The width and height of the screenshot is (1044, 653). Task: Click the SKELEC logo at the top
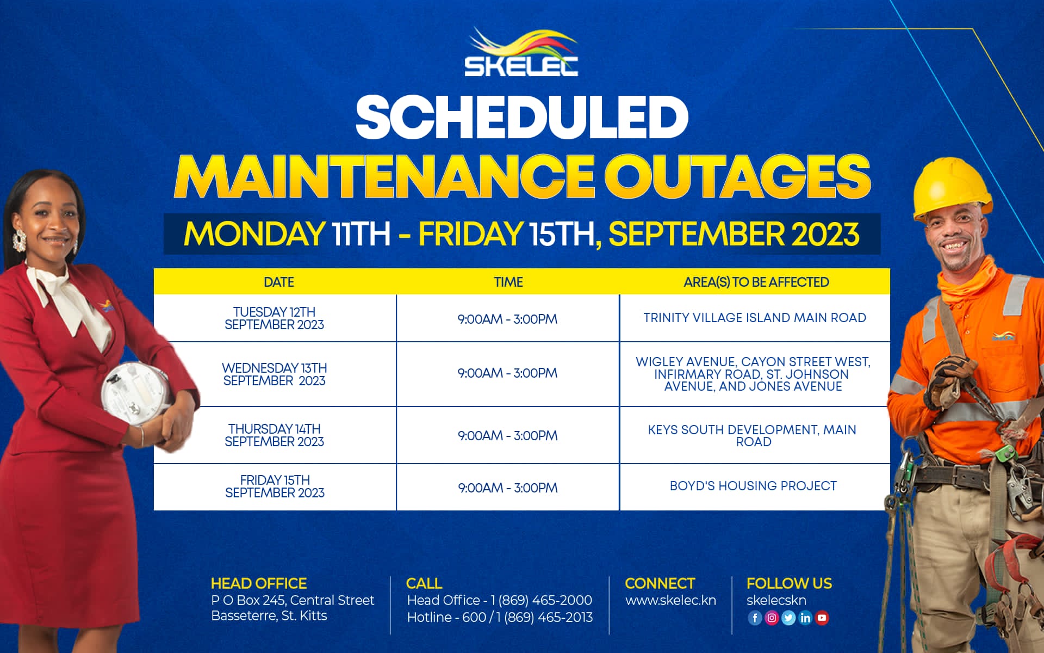click(521, 53)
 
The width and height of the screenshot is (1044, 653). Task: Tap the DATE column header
click(278, 282)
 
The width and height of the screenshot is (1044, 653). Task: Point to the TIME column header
click(508, 282)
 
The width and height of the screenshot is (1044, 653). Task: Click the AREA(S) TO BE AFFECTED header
click(756, 282)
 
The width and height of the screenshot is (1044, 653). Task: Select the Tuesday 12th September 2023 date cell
click(275, 318)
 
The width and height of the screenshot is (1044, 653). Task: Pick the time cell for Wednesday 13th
click(507, 373)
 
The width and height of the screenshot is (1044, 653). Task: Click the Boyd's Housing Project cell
click(753, 486)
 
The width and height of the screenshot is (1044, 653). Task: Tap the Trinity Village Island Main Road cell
click(755, 318)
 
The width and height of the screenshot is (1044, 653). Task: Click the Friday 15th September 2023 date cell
click(275, 486)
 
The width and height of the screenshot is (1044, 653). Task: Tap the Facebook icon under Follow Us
click(755, 618)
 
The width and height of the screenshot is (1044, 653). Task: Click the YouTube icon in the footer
click(822, 618)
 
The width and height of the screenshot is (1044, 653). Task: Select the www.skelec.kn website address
click(670, 601)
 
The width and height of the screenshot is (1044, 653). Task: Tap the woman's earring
click(20, 240)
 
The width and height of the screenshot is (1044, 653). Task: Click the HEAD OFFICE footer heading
click(259, 583)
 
